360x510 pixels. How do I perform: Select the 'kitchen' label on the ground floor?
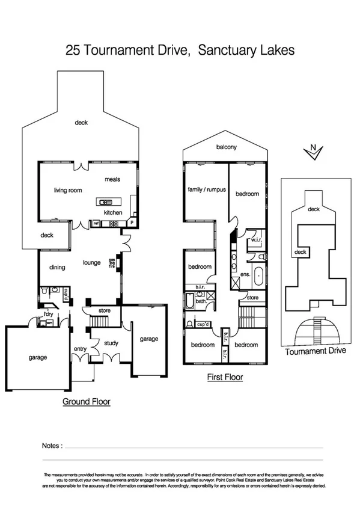[113, 212]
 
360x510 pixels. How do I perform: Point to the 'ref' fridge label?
[96, 224]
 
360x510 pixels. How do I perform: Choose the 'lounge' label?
[91, 263]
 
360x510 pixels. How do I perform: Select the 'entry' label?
[80, 349]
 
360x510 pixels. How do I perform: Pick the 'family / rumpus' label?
[207, 189]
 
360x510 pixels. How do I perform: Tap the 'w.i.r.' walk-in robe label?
[255, 242]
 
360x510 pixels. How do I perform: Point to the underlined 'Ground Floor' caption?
[87, 401]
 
